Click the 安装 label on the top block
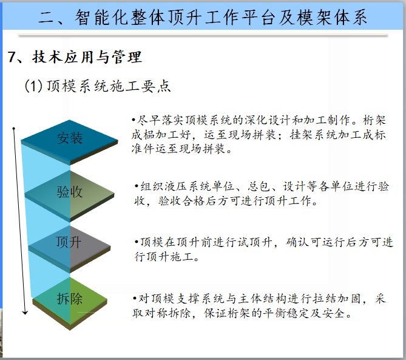[70, 138]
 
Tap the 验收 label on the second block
[70, 192]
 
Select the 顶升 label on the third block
[69, 242]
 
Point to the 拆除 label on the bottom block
[70, 299]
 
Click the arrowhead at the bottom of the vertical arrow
[25, 313]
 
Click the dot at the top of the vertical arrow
[14, 128]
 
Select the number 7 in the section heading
[12, 57]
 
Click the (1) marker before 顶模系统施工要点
[33, 86]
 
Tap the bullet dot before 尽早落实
[134, 120]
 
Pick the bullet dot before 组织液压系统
[136, 186]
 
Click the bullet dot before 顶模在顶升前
[136, 242]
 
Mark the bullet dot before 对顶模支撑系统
[135, 298]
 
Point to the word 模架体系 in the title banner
[332, 18]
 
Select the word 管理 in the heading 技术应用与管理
[127, 57]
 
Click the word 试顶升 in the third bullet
[254, 242]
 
